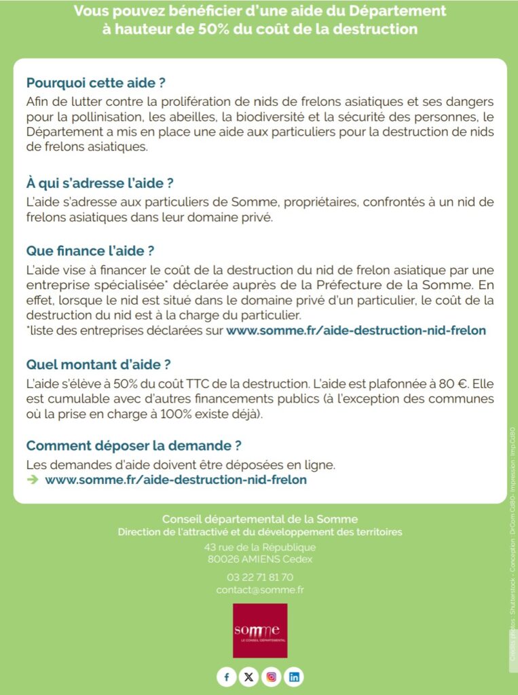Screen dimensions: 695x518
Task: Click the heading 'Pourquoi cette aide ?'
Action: click(x=96, y=83)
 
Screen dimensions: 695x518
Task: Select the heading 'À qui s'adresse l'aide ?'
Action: click(x=100, y=183)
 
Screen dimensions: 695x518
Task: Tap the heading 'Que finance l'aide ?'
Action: click(x=90, y=251)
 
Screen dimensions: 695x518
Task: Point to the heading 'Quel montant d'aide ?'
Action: click(x=98, y=364)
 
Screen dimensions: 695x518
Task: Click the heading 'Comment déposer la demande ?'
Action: click(x=134, y=446)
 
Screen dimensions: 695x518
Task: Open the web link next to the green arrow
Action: click(x=176, y=480)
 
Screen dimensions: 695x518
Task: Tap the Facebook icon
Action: click(x=226, y=677)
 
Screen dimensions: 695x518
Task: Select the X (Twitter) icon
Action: click(x=248, y=677)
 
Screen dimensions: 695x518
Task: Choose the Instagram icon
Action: click(x=272, y=677)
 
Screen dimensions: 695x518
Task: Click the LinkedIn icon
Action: click(x=294, y=677)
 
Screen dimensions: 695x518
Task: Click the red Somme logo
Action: click(x=260, y=631)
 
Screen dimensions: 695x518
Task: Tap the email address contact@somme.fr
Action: click(x=260, y=590)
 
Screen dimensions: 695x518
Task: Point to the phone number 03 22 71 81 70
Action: click(x=260, y=577)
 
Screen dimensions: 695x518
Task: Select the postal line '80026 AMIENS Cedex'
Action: click(x=260, y=559)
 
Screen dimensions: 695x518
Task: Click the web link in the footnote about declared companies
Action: click(x=356, y=331)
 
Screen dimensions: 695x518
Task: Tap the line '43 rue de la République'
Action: click(x=260, y=547)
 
